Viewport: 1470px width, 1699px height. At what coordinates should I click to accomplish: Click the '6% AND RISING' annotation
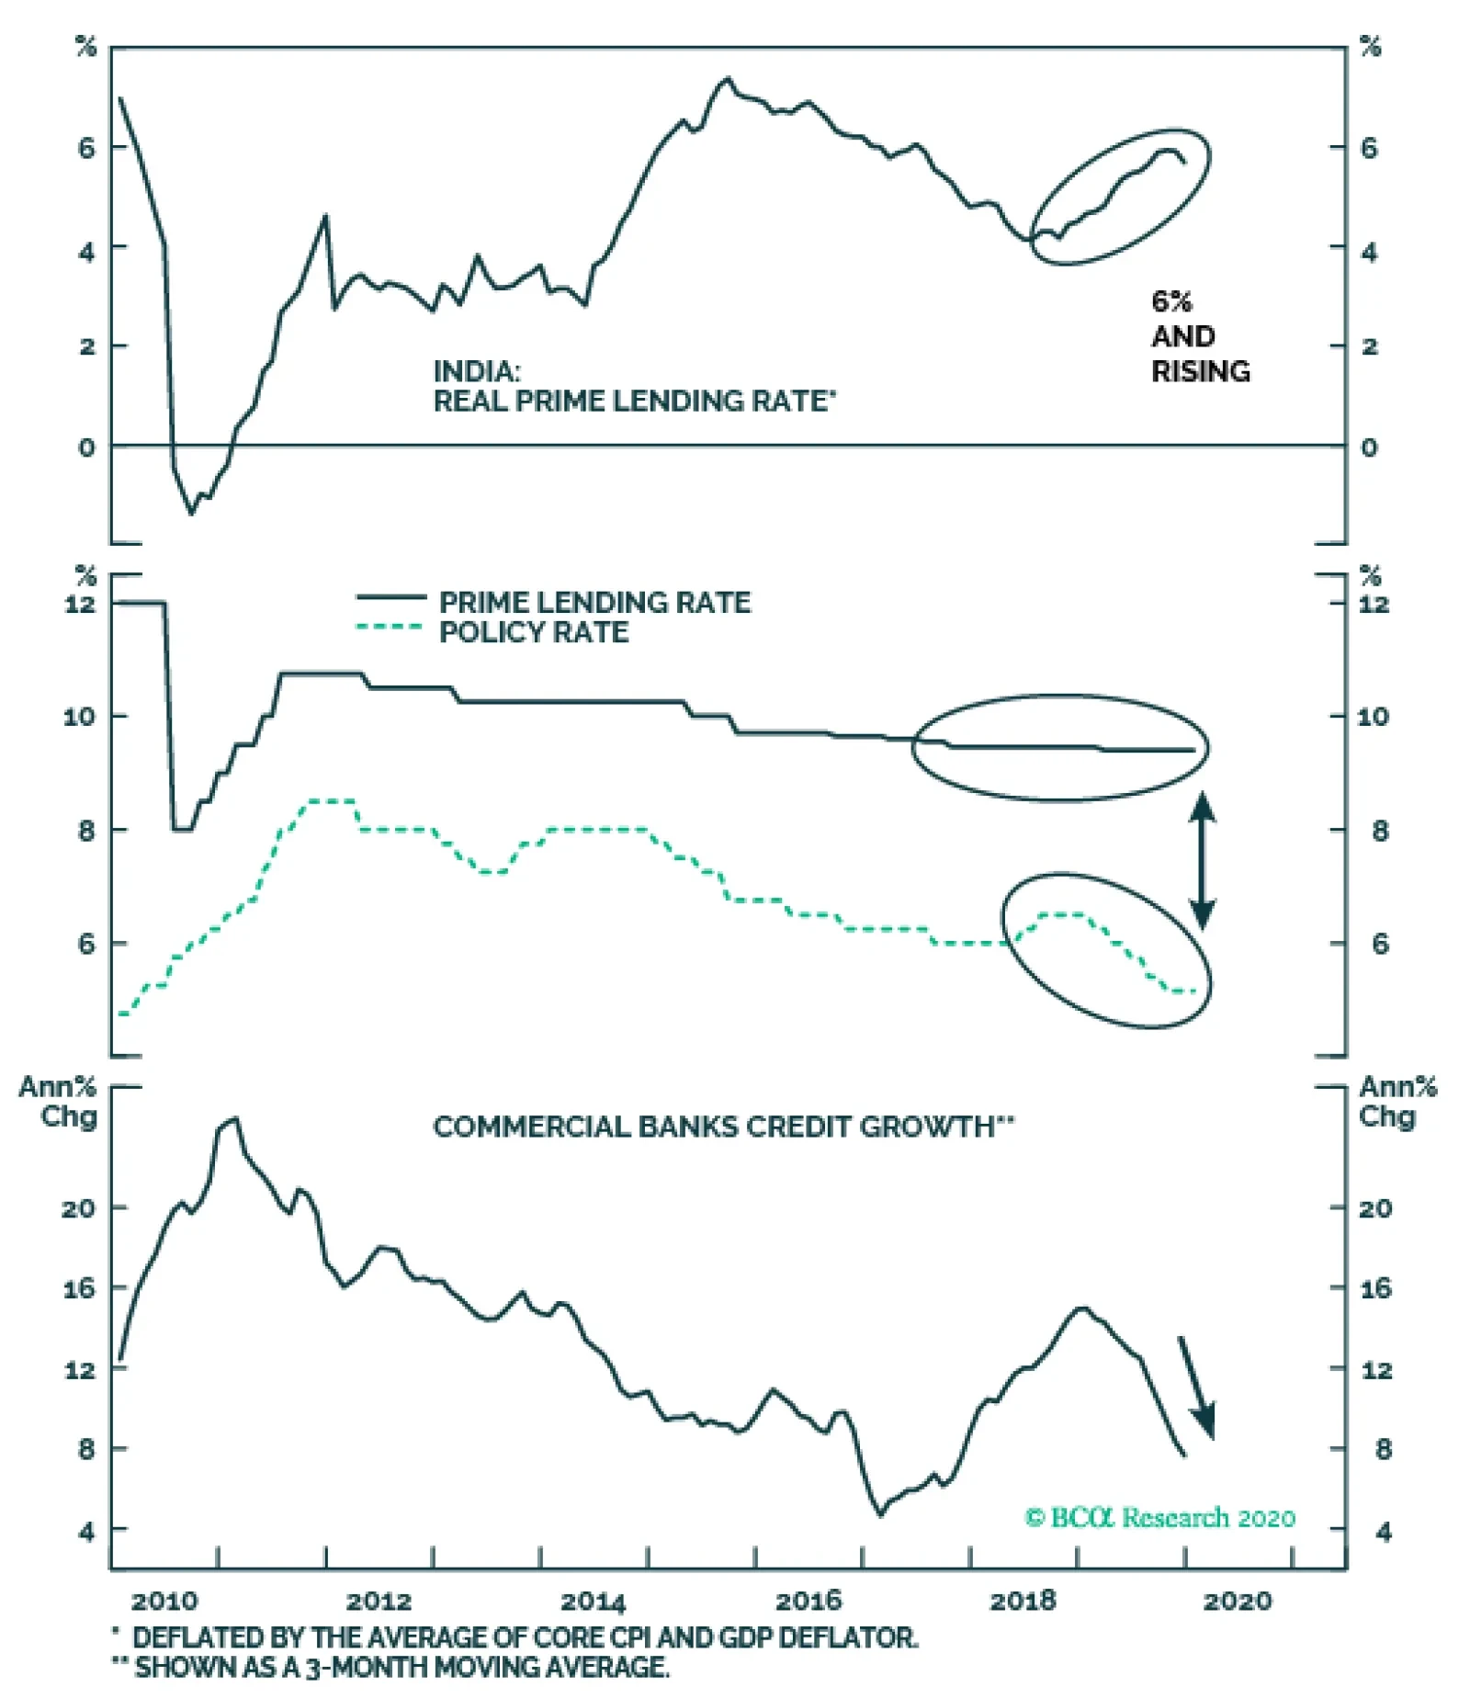(x=1199, y=336)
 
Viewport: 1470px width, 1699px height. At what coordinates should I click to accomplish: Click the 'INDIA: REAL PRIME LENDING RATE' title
(x=633, y=386)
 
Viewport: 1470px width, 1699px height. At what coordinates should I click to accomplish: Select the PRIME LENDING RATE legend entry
(x=594, y=603)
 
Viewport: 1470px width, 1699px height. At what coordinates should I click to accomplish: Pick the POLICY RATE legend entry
(x=533, y=632)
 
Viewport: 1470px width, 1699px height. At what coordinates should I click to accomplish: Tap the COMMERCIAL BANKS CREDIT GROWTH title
(x=722, y=1127)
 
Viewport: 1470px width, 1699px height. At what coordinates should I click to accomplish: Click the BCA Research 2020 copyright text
(x=1159, y=1517)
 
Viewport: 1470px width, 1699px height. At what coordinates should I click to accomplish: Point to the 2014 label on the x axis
(x=593, y=1603)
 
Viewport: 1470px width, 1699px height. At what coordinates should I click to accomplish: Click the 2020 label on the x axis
(x=1238, y=1602)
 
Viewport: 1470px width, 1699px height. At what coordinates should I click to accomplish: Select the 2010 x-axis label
(x=164, y=1603)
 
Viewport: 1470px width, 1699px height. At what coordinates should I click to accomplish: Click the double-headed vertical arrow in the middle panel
(x=1203, y=860)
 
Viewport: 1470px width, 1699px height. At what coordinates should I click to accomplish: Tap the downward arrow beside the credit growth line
(x=1197, y=1388)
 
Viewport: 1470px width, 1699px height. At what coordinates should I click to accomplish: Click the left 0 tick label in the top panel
(x=86, y=447)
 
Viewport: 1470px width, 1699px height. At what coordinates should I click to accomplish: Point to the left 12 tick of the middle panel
(x=80, y=604)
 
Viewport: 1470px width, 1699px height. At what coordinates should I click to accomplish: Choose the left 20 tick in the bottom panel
(x=79, y=1208)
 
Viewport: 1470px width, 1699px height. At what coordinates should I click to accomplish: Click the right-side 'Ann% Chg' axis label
(x=1396, y=1102)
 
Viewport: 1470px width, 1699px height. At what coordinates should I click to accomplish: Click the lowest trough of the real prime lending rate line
(x=192, y=513)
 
